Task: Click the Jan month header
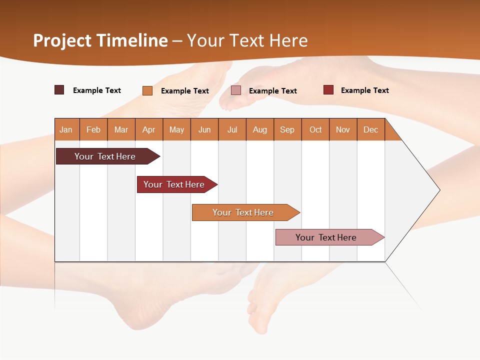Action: (66, 129)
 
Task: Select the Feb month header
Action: (93, 129)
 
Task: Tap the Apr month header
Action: (149, 129)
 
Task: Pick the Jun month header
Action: (204, 129)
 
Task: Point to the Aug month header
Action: (260, 129)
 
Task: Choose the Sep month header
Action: (287, 129)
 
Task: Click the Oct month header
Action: (315, 129)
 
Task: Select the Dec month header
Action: (371, 129)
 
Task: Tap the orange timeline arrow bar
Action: (243, 212)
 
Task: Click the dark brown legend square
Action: (59, 90)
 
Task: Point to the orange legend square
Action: (147, 90)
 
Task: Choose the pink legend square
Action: (236, 90)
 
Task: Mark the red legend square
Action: (328, 90)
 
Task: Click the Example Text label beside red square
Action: (364, 90)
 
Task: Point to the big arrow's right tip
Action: (438, 190)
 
